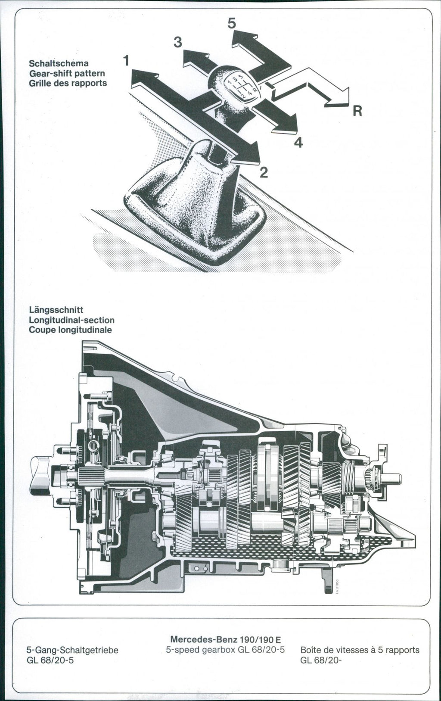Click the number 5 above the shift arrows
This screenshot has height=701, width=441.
pyautogui.click(x=232, y=24)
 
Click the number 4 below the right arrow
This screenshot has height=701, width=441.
pyautogui.click(x=298, y=142)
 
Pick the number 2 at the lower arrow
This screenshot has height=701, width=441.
pyautogui.click(x=264, y=173)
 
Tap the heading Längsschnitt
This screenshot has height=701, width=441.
pyautogui.click(x=56, y=310)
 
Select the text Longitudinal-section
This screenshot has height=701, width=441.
pyautogui.click(x=71, y=320)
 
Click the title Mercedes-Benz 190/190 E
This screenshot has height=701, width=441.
pyautogui.click(x=226, y=639)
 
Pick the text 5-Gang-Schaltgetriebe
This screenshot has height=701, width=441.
pyautogui.click(x=72, y=650)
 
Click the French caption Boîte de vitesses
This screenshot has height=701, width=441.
pyautogui.click(x=360, y=649)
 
